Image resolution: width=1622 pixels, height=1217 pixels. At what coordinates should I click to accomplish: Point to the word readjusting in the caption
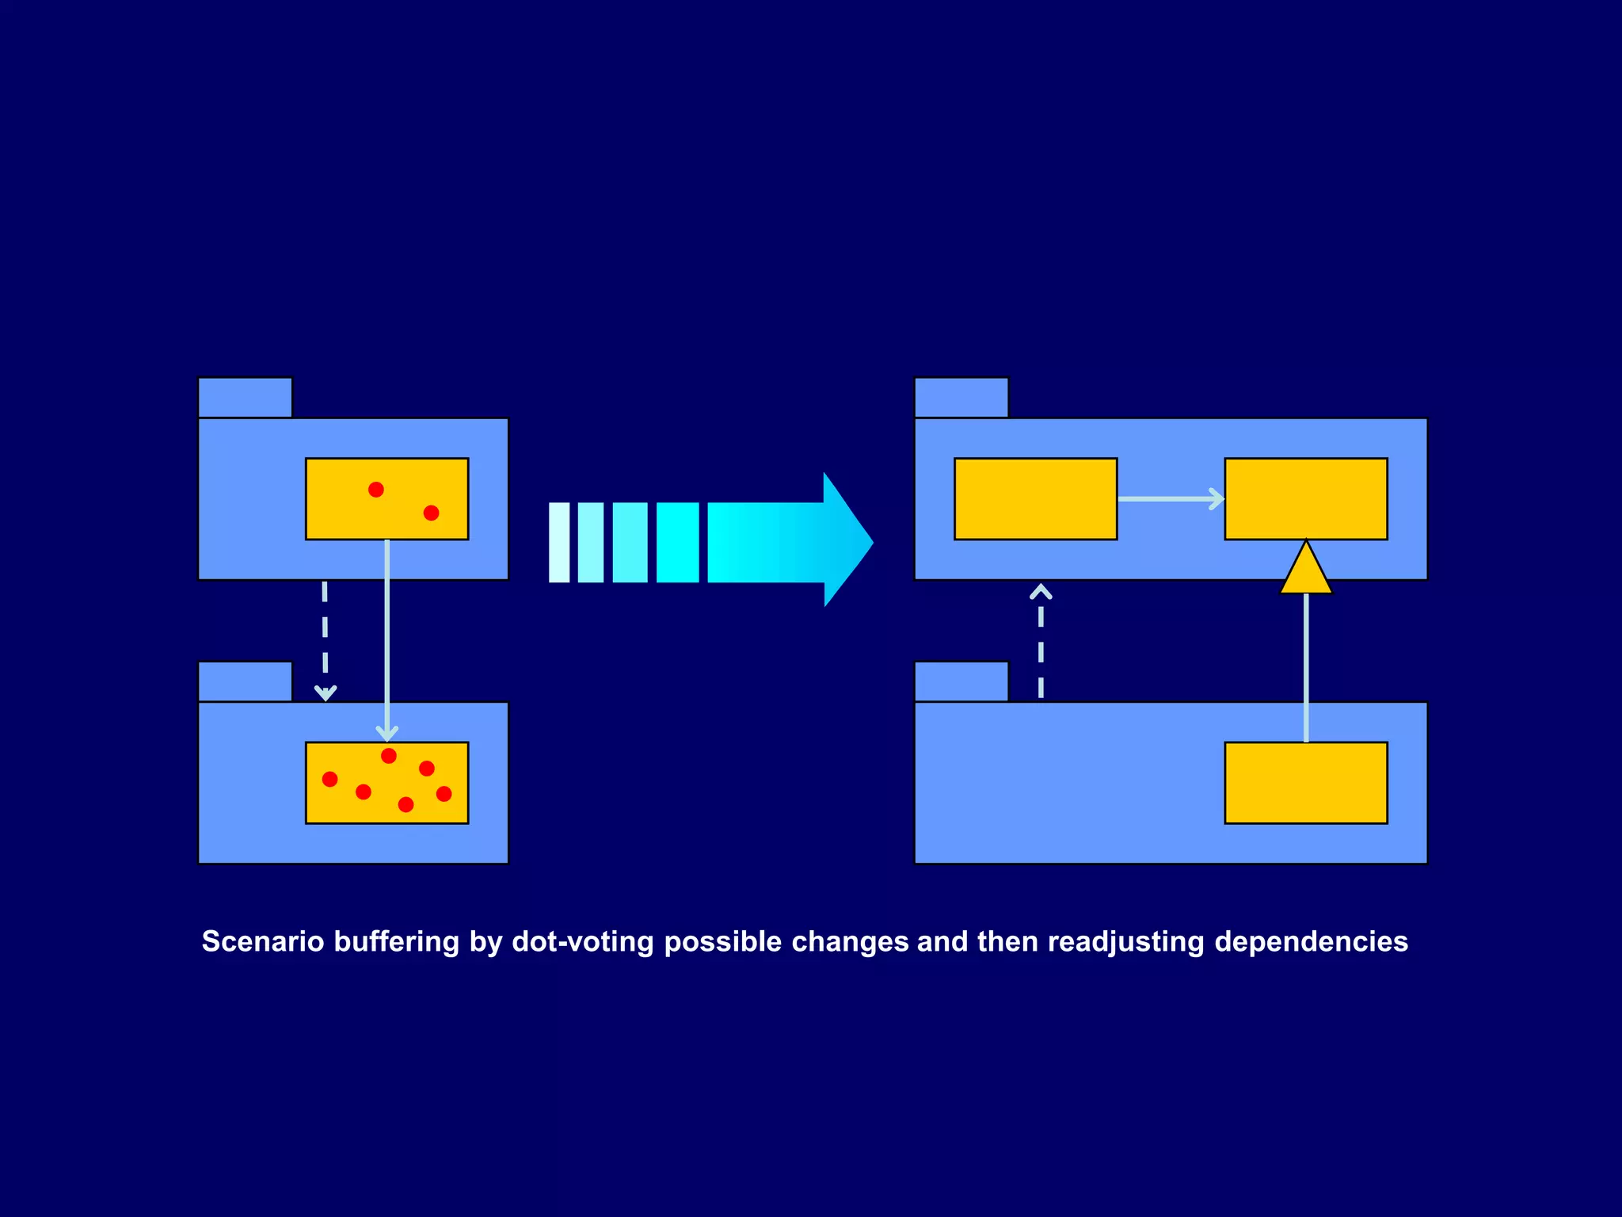coord(1125,941)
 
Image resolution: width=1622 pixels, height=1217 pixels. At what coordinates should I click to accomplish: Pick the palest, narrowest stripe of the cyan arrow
coord(559,543)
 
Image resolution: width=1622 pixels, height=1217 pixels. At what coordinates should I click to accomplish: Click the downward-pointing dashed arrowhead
coord(326,692)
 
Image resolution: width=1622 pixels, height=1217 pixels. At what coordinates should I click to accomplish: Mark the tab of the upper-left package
coord(245,398)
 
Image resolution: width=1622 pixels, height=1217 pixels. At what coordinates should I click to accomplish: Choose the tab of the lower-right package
coord(961,681)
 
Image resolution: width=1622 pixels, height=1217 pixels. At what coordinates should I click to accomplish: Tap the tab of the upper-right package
coord(961,398)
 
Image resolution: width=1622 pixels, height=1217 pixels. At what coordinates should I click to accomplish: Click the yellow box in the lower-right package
coord(1306,783)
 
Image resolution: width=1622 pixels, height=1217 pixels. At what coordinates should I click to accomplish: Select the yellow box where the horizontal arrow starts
coord(1035,499)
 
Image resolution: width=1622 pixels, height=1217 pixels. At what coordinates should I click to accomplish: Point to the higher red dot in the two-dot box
coord(376,490)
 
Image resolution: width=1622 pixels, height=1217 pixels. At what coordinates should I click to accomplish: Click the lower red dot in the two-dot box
coord(431,513)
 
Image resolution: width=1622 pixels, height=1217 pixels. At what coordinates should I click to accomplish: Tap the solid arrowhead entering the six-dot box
coord(386,734)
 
